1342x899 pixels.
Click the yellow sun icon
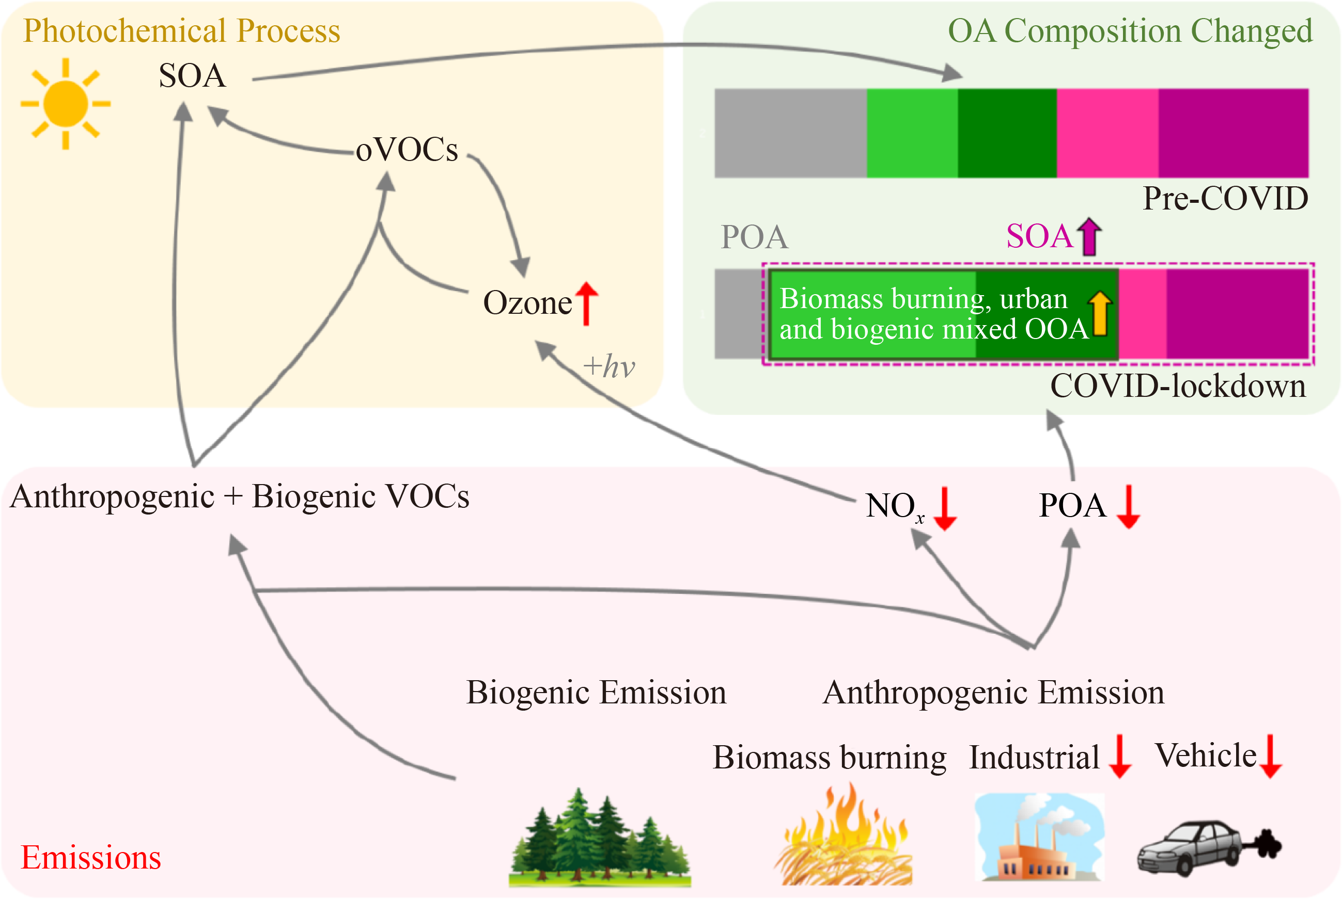(x=66, y=104)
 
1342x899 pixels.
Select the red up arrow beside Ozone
(x=586, y=303)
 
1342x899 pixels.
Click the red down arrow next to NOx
(x=944, y=508)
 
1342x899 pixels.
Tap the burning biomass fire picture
(x=844, y=836)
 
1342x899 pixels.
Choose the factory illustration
(x=1038, y=837)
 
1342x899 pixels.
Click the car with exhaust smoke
(x=1208, y=847)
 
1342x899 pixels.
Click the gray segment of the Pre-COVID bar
(x=790, y=133)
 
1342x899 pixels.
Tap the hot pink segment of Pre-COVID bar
(x=1107, y=133)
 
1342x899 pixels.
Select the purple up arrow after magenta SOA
(x=1089, y=236)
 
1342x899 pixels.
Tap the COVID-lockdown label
(x=1177, y=386)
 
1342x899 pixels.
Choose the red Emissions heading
(x=90, y=858)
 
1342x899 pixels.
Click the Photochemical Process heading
(x=181, y=30)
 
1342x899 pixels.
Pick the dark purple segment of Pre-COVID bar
(x=1234, y=133)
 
